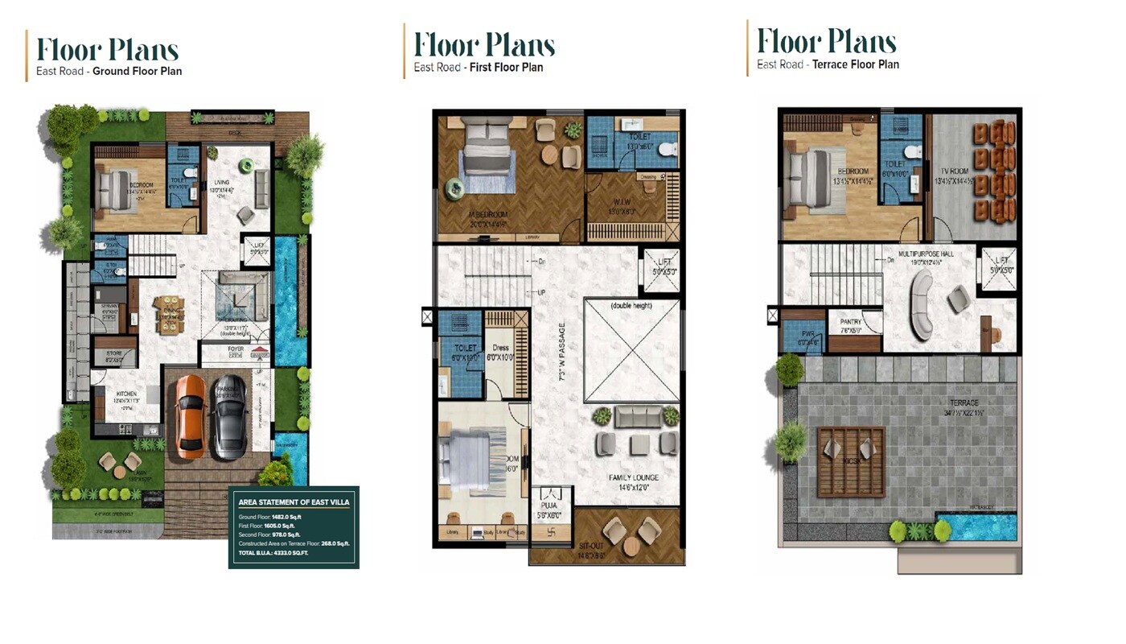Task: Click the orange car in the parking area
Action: coord(190,415)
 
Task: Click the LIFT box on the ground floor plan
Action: coord(257,249)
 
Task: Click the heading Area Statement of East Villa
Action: coord(294,502)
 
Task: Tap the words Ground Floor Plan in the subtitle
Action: coord(137,71)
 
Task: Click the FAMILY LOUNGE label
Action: coord(634,478)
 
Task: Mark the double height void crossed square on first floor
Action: coord(632,351)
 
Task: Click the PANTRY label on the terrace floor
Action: coord(852,323)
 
